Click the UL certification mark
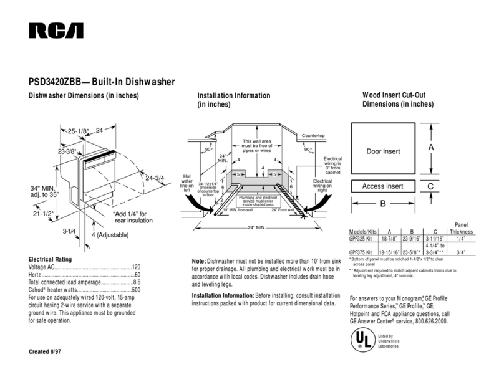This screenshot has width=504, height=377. (359, 338)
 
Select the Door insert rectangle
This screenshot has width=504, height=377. (382, 150)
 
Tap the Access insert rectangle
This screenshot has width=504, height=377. (382, 186)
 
